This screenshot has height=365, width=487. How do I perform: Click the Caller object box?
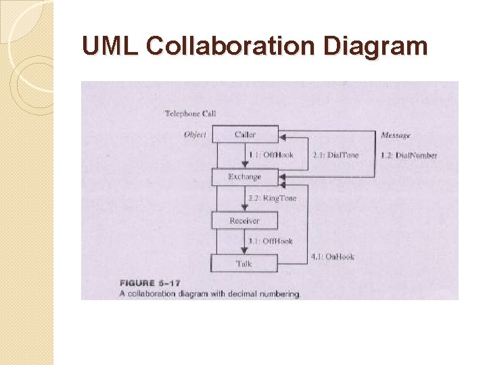tap(245, 135)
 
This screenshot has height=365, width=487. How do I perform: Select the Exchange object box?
tap(244, 177)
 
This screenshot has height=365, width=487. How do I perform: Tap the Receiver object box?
tap(244, 221)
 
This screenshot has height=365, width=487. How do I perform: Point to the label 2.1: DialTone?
tap(336, 155)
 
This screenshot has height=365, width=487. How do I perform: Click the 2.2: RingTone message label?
tap(271, 199)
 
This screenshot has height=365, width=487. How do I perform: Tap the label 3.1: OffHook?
tap(271, 241)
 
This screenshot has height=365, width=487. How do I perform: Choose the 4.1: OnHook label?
tap(332, 257)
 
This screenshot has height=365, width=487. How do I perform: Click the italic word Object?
tap(195, 135)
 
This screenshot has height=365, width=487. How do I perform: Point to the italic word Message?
tap(396, 135)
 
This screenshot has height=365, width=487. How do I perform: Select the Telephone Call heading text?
tap(190, 114)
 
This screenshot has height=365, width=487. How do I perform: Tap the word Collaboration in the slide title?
tap(230, 47)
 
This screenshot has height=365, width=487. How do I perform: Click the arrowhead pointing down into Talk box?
tap(244, 251)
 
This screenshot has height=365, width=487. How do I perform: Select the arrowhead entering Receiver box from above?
tap(244, 209)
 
